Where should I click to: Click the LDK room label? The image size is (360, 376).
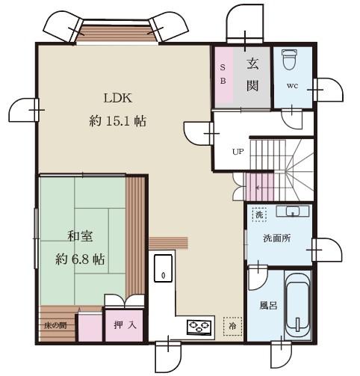(x=117, y=98)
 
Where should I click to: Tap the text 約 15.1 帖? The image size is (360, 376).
(x=117, y=121)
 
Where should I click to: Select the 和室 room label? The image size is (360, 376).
(x=80, y=236)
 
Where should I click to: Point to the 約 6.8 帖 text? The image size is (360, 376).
(x=80, y=259)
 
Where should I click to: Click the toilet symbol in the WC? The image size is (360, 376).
(x=289, y=59)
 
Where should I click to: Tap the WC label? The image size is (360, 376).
(x=292, y=86)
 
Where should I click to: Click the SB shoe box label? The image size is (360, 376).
(x=223, y=74)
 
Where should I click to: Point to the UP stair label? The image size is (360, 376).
(x=238, y=152)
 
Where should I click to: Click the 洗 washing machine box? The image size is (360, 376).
(x=259, y=215)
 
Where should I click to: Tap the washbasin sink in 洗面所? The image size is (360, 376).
(x=292, y=212)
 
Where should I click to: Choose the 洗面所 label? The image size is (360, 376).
(x=277, y=238)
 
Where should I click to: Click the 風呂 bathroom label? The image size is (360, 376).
(x=268, y=305)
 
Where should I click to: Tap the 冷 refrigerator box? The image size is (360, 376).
(x=232, y=326)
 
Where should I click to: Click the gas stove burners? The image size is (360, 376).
(x=199, y=327)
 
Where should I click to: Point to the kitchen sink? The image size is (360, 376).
(x=163, y=268)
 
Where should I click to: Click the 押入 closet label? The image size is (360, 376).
(x=125, y=324)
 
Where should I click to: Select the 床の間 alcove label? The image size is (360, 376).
(x=55, y=325)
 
